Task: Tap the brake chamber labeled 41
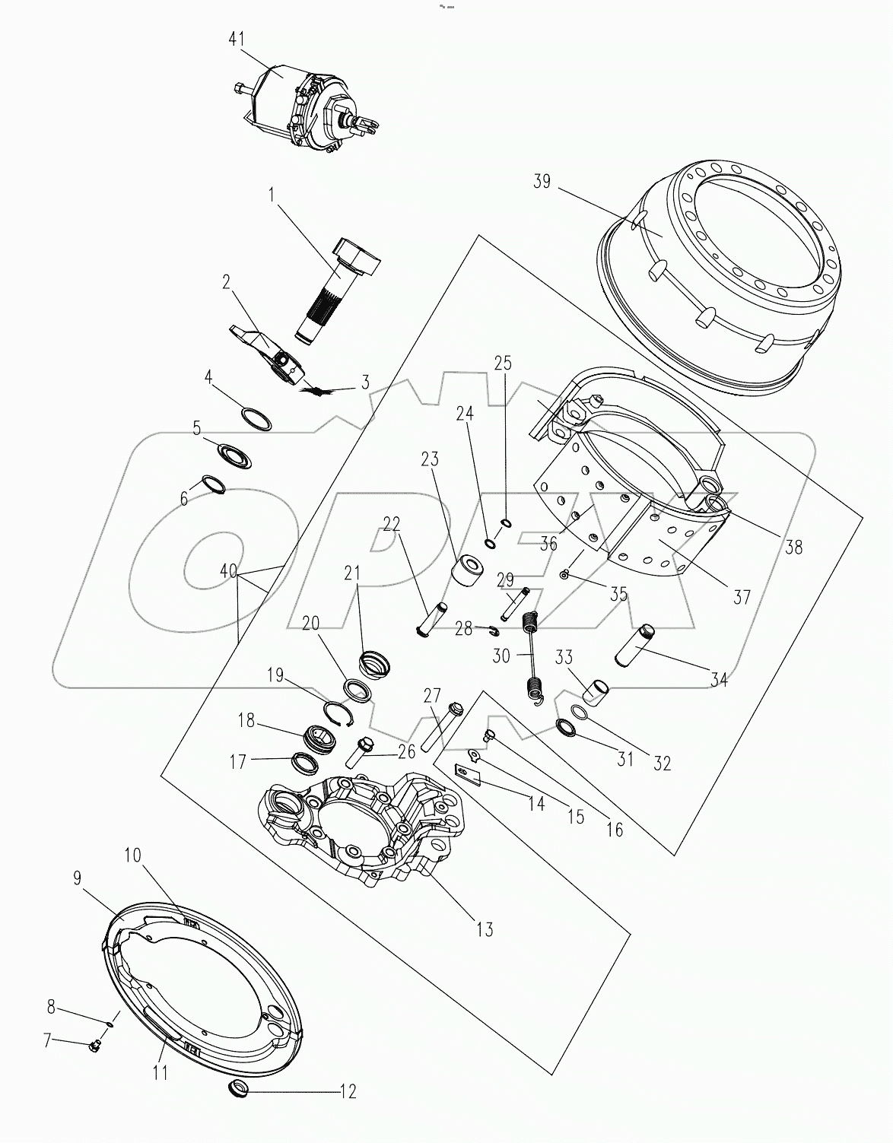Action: [x=304, y=106]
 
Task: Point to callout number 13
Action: [x=484, y=929]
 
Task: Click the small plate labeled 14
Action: [x=470, y=775]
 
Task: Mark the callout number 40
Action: [x=227, y=571]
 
